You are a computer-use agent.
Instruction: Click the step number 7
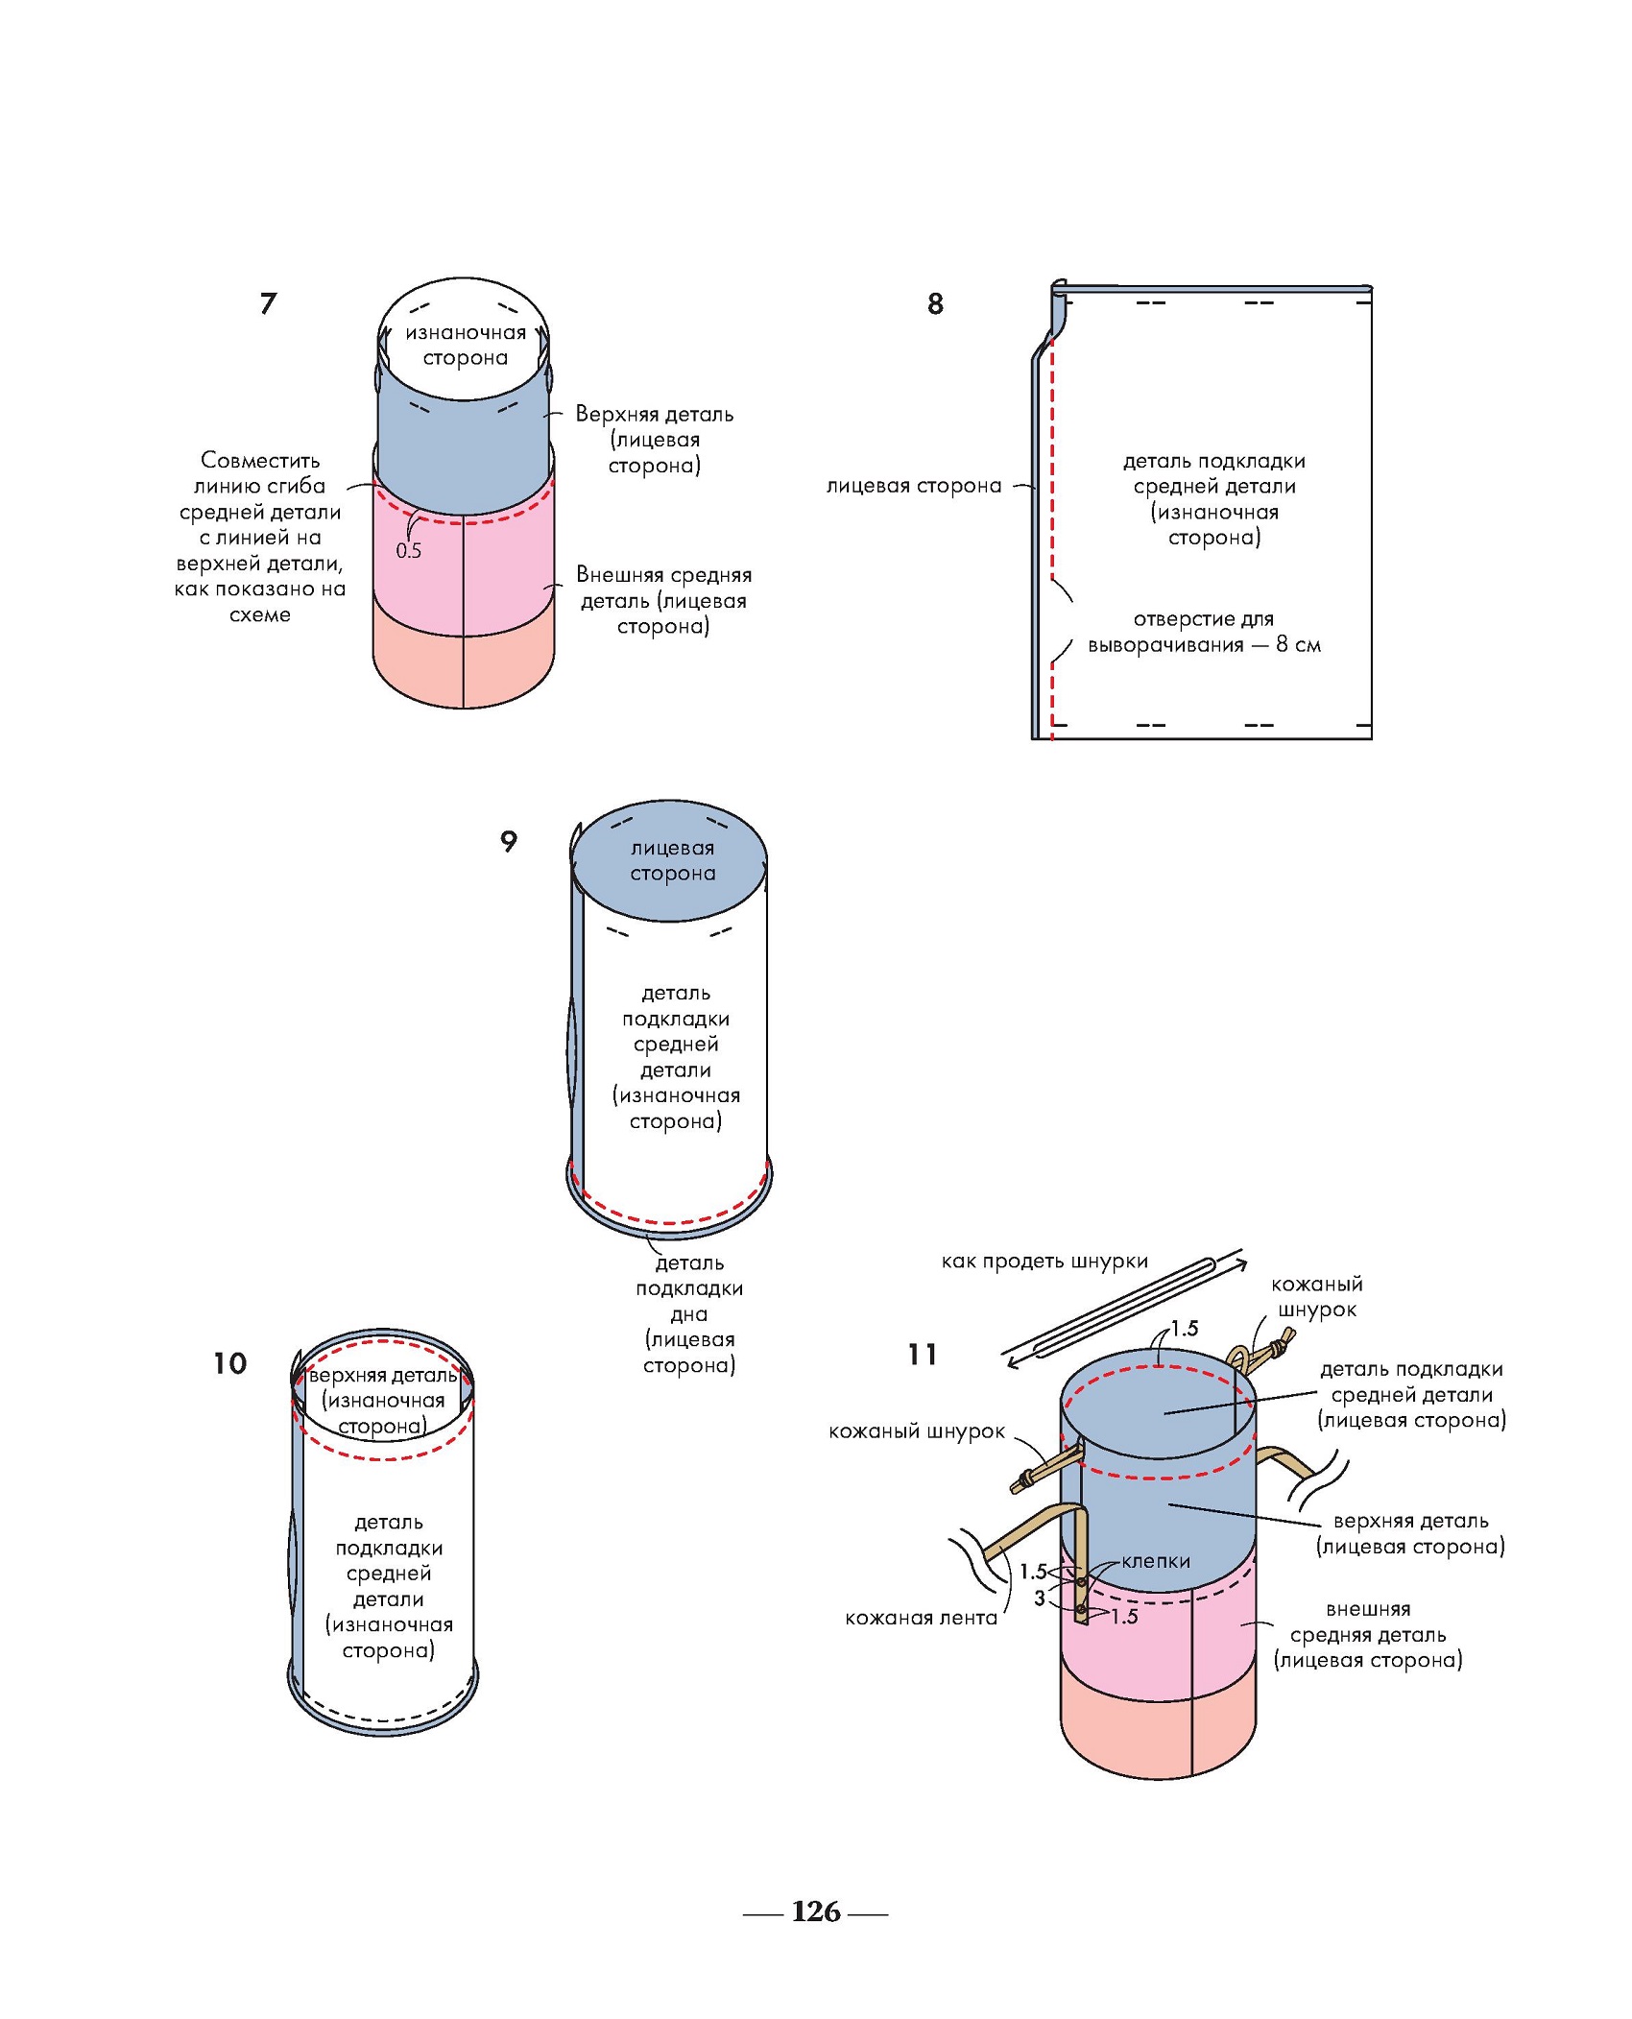(268, 303)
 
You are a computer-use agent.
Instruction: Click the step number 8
(935, 304)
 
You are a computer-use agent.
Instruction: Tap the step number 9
(509, 841)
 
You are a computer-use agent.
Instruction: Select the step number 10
(229, 1363)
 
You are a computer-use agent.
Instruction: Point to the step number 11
(922, 1355)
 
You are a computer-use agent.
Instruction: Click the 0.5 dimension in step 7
(409, 551)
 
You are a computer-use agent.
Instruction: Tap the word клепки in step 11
(1156, 1562)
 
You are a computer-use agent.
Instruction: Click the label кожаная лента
(921, 1618)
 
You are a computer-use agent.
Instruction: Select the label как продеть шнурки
(1044, 1262)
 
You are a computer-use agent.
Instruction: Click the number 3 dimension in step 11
(1039, 1598)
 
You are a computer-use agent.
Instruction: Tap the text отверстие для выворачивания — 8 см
(1204, 632)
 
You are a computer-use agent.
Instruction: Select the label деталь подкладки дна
(689, 1313)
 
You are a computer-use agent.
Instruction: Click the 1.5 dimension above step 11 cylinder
(1185, 1329)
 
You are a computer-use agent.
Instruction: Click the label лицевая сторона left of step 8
(914, 487)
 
